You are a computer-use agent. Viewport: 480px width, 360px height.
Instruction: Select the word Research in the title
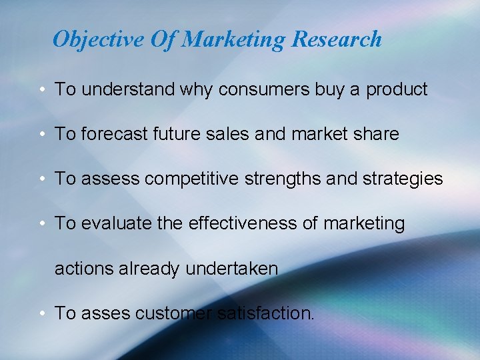pyautogui.click(x=337, y=39)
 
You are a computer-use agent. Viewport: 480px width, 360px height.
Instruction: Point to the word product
pyautogui.click(x=396, y=90)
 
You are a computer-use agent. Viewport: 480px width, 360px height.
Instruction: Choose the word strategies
pyautogui.click(x=401, y=179)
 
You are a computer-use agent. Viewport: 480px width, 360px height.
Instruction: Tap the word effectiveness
pyautogui.click(x=243, y=223)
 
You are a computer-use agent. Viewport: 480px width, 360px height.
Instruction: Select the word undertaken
pyautogui.click(x=231, y=269)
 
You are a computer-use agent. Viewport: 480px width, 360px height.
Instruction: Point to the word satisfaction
pyautogui.click(x=265, y=313)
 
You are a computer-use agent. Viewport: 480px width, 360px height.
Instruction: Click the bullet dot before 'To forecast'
pyautogui.click(x=41, y=135)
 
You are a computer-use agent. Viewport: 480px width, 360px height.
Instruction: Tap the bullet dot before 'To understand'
pyautogui.click(x=41, y=90)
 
